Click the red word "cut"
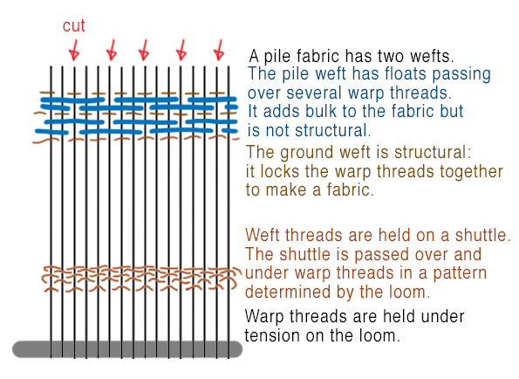point(73,26)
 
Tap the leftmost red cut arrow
point(75,48)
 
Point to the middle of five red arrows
point(144,48)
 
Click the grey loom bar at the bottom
point(127,348)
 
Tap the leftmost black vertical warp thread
point(51,218)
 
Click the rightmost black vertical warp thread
point(229,218)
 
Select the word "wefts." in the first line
point(429,54)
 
